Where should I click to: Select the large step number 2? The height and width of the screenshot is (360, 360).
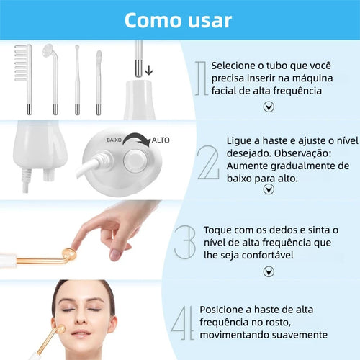click(x=208, y=163)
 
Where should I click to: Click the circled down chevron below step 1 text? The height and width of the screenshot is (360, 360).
click(x=269, y=107)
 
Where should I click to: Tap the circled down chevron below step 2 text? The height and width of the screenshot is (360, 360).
click(x=269, y=189)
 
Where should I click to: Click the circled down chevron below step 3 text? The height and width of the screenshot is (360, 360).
click(x=269, y=271)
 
